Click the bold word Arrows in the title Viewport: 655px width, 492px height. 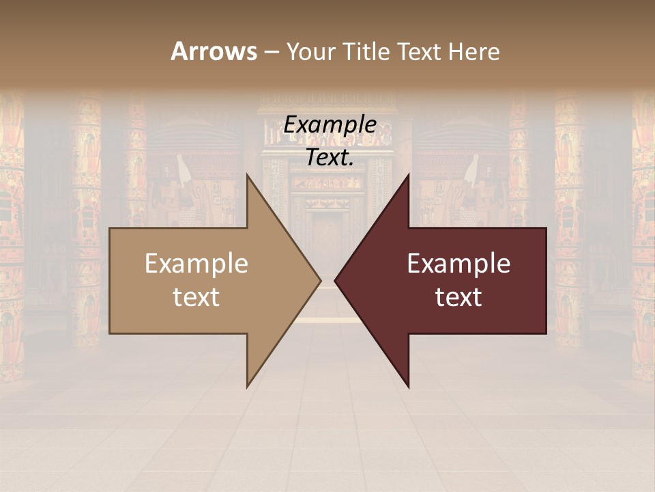point(214,51)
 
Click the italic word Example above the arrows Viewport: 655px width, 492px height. point(330,124)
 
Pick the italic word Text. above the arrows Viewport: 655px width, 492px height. point(330,157)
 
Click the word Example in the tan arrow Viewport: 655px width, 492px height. point(196,263)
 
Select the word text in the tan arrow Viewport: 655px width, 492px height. point(196,297)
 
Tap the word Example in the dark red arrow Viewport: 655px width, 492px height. point(458,263)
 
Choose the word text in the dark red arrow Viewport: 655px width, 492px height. point(458,297)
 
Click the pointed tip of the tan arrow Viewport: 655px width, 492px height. point(321,280)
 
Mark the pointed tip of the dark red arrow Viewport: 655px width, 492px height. point(335,280)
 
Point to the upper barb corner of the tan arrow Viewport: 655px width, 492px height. point(247,174)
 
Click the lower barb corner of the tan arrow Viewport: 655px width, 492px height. point(247,387)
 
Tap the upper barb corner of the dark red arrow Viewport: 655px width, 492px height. point(409,174)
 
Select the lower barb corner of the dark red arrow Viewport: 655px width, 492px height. point(409,387)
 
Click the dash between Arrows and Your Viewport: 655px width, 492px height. point(271,51)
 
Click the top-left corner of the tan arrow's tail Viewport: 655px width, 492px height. point(110,228)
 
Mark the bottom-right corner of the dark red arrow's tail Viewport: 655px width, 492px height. point(546,333)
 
